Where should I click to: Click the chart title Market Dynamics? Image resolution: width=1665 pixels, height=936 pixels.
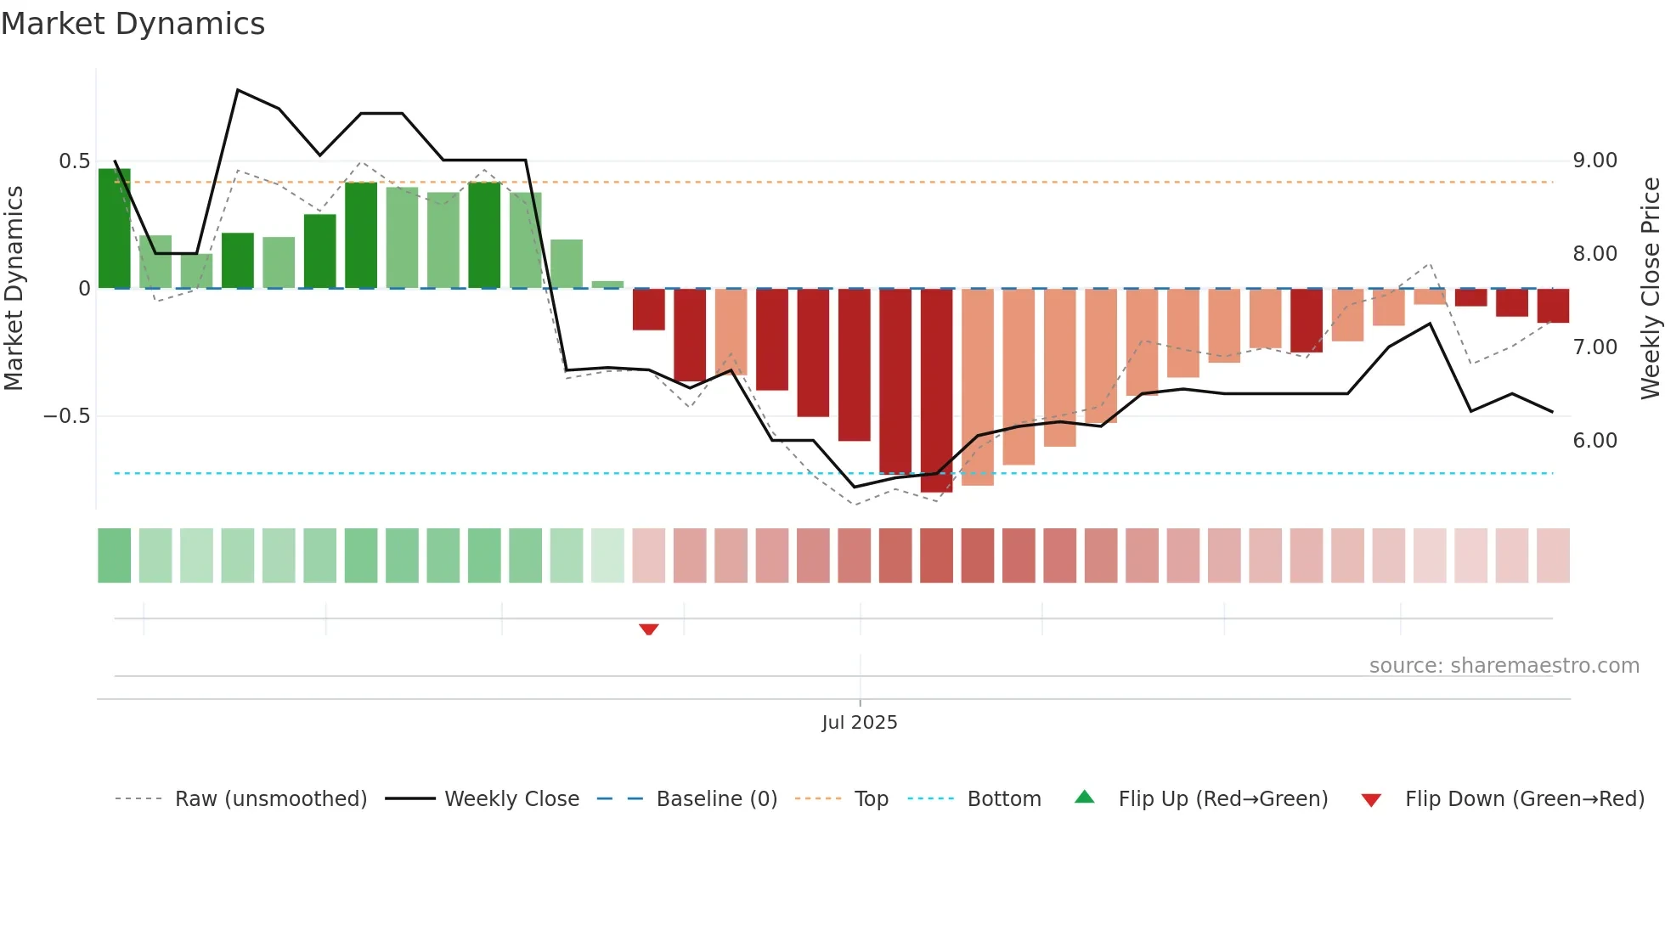point(133,24)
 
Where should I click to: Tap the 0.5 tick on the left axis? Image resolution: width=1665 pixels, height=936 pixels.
point(74,161)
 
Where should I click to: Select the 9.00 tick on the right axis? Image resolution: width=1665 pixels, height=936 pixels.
point(1594,161)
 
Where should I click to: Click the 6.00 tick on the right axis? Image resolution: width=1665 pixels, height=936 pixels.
point(1594,441)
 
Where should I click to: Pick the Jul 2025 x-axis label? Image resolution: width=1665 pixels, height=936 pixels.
point(859,723)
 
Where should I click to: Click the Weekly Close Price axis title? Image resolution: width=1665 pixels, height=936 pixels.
point(1650,289)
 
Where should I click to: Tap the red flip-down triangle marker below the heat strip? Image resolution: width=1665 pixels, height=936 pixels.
point(649,629)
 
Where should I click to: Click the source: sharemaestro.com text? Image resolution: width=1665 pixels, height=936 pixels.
point(1504,666)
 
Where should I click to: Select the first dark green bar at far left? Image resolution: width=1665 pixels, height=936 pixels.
point(115,229)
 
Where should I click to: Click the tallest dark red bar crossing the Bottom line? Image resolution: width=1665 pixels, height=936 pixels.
point(936,391)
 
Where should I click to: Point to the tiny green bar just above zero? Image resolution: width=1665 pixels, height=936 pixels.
point(607,285)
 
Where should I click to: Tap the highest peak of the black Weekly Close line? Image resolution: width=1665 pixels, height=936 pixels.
point(238,90)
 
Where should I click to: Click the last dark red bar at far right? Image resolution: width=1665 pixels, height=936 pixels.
point(1553,306)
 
